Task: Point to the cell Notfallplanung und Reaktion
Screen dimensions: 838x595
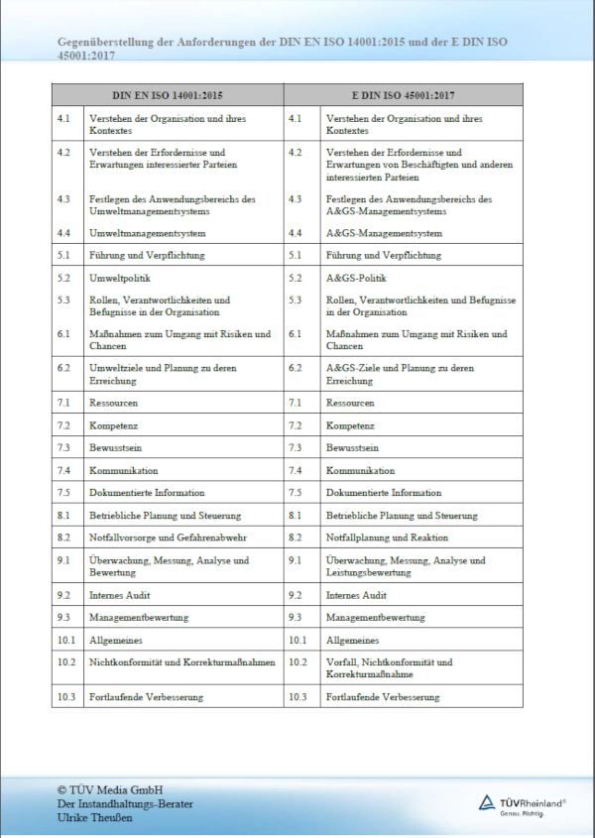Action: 387,538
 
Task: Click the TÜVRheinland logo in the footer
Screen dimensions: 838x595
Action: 522,802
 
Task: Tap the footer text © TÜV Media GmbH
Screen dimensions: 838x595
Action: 109,788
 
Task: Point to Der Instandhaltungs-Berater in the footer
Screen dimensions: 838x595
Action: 124,803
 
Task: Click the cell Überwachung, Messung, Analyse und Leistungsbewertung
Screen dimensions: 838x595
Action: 406,565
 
